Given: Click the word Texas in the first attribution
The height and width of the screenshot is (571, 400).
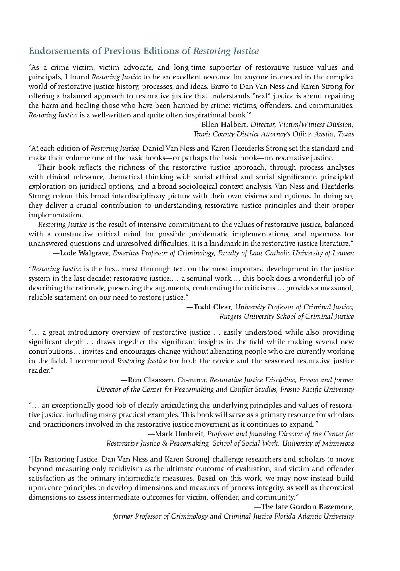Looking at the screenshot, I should tap(346, 134).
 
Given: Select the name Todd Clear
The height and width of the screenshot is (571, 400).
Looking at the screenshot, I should tap(213, 307).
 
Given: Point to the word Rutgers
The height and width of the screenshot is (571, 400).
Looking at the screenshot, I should tap(231, 316).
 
